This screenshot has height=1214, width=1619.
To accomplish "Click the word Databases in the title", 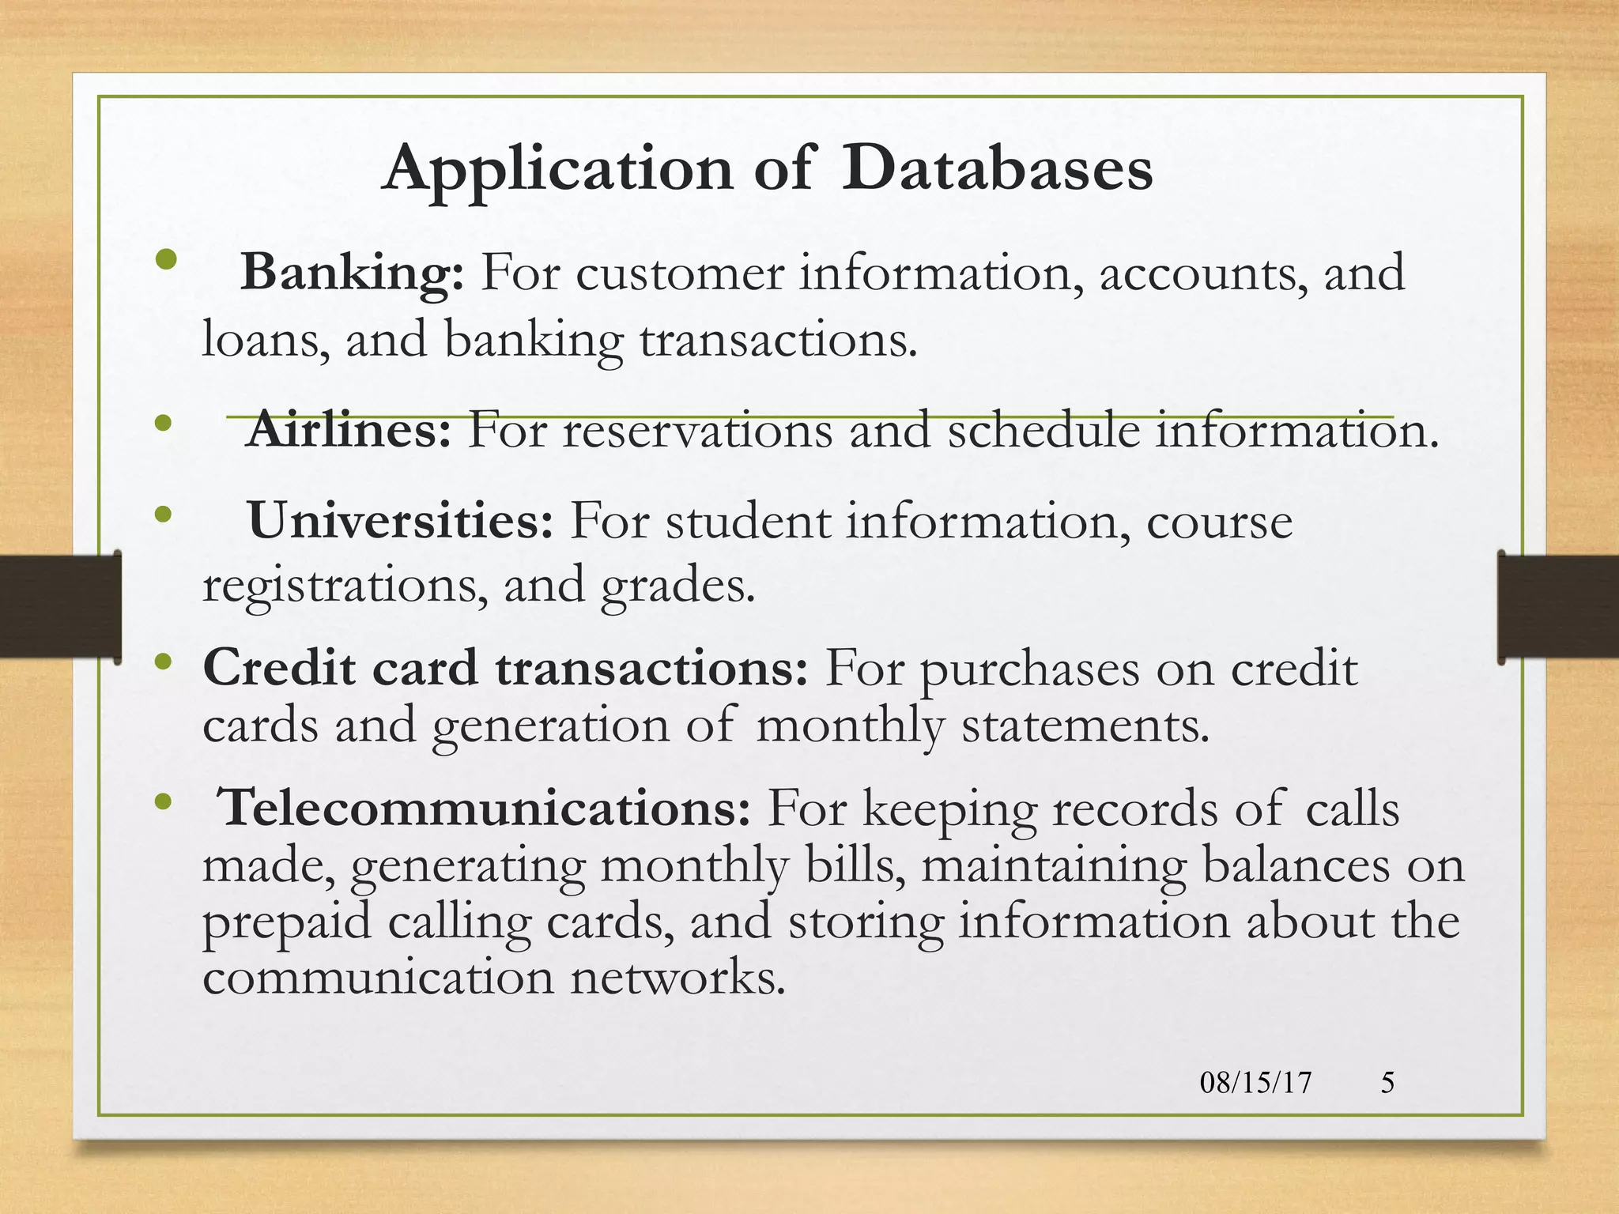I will coord(996,168).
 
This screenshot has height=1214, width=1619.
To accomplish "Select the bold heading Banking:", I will coord(352,273).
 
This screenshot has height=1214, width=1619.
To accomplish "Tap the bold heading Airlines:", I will coord(349,432).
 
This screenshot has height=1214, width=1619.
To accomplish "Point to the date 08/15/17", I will coord(1255,1082).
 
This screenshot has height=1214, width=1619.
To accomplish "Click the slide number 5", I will coord(1387,1082).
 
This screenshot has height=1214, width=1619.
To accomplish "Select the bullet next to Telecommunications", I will coord(163,802).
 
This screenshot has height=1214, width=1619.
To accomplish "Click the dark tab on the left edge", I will coord(60,606).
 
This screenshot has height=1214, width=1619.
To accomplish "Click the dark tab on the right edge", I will coord(1557,606).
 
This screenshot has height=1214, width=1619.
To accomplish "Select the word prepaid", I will coord(286,922).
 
